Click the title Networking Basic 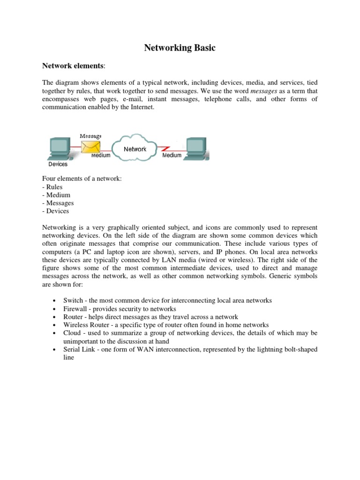pos(180,48)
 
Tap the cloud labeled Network pos(135,148)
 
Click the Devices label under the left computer pos(58,164)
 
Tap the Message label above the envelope pos(90,136)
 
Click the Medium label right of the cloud pos(172,155)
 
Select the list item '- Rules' pos(52,187)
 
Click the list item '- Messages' pos(58,203)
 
